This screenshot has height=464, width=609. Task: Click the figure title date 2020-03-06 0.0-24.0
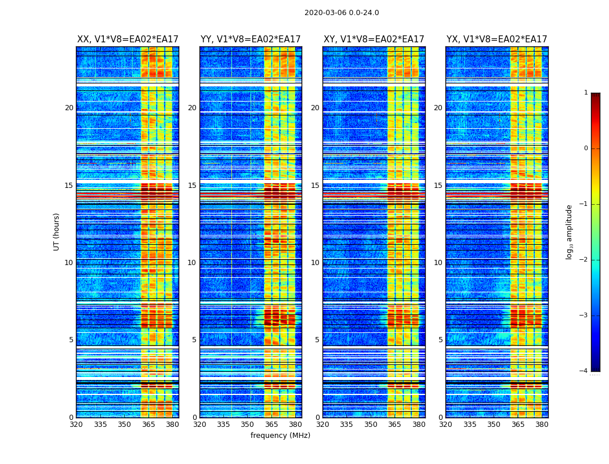coord(342,13)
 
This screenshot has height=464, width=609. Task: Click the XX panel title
coord(128,39)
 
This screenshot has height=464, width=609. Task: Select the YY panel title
coord(251,39)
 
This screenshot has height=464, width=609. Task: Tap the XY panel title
coord(374,39)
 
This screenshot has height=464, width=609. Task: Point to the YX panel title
coord(496,39)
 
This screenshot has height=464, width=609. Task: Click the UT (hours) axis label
coord(57,231)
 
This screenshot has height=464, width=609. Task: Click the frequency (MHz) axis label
coord(280,436)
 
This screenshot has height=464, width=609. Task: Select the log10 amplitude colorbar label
coord(570,231)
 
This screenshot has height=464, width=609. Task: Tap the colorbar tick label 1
coord(586,93)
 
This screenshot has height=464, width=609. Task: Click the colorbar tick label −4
coord(584,371)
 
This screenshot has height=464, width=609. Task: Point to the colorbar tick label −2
coord(584,260)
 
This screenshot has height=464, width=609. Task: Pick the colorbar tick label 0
coord(586,148)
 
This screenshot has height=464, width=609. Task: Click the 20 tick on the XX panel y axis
coord(69,108)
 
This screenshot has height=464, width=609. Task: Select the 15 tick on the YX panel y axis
coord(438,186)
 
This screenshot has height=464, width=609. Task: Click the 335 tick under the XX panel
coord(100,425)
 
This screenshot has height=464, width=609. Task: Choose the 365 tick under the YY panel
coord(271,425)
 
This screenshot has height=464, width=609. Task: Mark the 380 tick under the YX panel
coord(542,425)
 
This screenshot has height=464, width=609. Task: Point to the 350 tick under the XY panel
coord(371,425)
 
